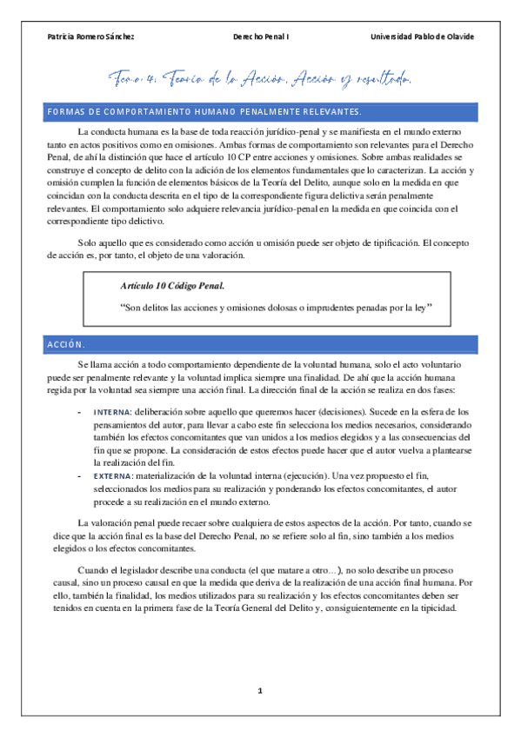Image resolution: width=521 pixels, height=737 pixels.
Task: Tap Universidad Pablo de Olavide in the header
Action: point(423,37)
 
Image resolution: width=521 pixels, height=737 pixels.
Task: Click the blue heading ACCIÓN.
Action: point(66,345)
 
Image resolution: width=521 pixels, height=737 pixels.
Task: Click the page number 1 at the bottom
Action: point(259,691)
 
